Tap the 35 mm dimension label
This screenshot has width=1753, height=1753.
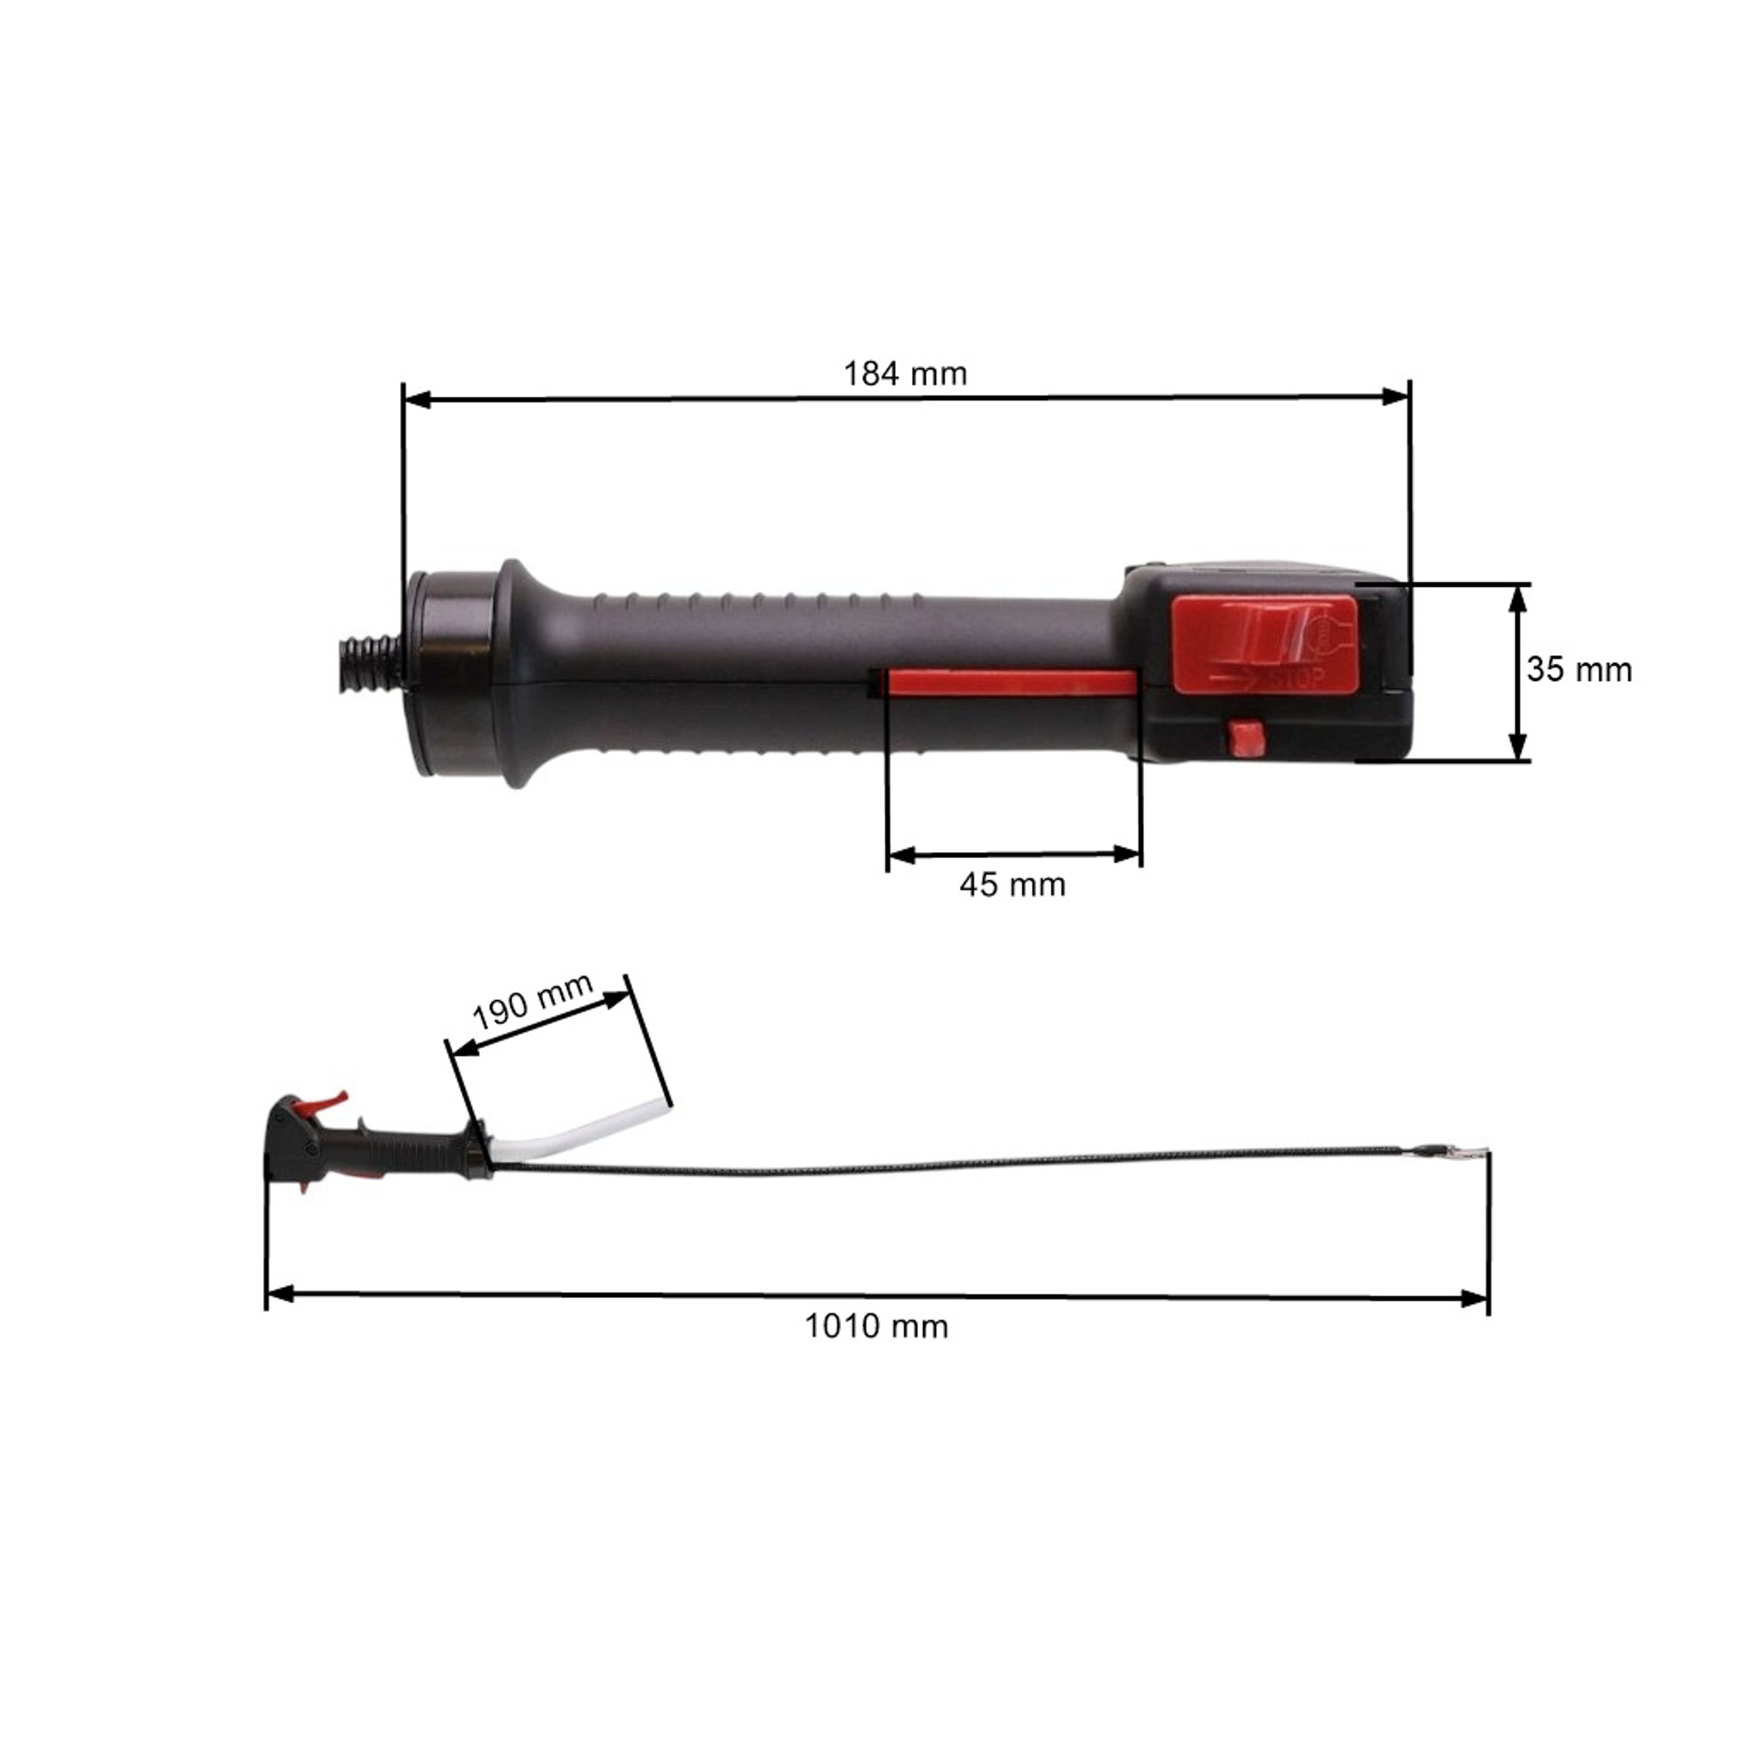[x=1579, y=670]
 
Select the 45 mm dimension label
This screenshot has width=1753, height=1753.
[x=1013, y=885]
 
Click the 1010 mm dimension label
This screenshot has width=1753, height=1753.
[x=876, y=1326]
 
